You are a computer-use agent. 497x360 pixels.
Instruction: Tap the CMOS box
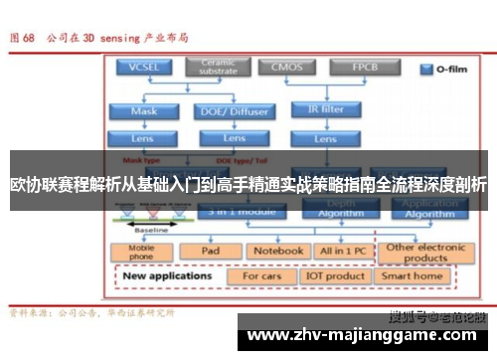(x=288, y=69)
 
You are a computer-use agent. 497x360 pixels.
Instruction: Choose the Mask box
(x=145, y=111)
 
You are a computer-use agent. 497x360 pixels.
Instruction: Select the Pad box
(x=211, y=252)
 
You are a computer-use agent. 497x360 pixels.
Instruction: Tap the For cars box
(x=262, y=275)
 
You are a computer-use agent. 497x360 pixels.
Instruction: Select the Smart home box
(x=413, y=275)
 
